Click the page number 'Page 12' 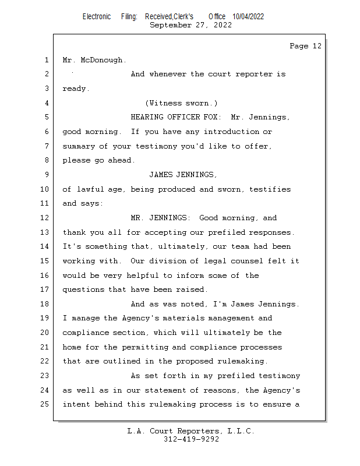[x=305, y=46]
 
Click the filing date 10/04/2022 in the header [x=248, y=17]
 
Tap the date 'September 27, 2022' [x=191, y=25]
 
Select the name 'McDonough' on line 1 [x=101, y=60]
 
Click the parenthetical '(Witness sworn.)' [x=181, y=103]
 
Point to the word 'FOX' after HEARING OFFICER [x=210, y=117]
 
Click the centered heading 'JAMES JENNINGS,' [x=183, y=175]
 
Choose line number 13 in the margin [x=44, y=232]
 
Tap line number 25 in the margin [x=44, y=404]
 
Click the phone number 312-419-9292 [x=191, y=439]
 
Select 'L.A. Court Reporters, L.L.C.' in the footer [x=191, y=431]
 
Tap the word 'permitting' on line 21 [x=145, y=347]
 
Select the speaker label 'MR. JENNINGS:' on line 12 [x=161, y=218]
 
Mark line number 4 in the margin [x=47, y=103]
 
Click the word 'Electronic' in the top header [x=97, y=17]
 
